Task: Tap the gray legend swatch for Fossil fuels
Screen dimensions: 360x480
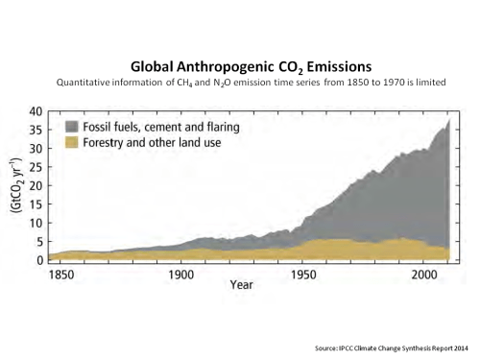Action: click(72, 126)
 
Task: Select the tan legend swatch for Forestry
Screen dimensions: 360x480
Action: click(72, 141)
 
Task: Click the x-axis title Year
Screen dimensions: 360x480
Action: click(242, 285)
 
